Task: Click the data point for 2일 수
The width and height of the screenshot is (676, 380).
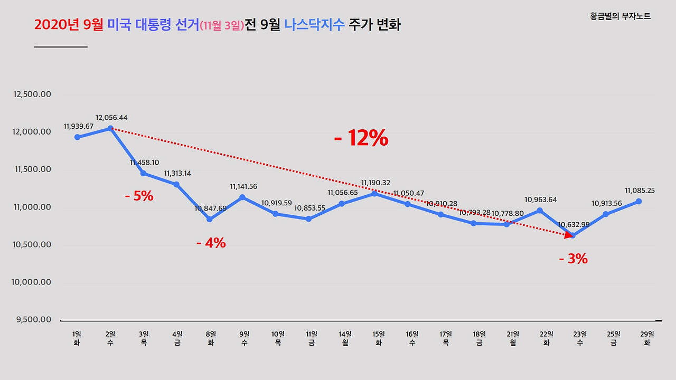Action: [110, 128]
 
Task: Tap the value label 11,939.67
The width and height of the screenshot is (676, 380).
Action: [78, 127]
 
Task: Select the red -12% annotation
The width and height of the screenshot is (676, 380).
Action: [361, 139]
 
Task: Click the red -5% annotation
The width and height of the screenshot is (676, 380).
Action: [139, 196]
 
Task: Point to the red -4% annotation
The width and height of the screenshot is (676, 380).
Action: [211, 243]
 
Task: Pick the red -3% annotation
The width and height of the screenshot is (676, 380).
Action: [573, 259]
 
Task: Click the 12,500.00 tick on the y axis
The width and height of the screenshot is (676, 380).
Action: [32, 94]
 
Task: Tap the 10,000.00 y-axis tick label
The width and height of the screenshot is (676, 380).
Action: [32, 282]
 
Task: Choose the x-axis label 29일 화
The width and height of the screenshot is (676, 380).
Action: [646, 338]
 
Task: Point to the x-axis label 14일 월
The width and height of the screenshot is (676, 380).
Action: [345, 338]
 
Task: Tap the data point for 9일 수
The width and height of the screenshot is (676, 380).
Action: [242, 197]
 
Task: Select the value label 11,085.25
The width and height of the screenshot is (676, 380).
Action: [640, 191]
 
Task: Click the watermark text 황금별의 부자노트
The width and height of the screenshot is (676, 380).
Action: [620, 16]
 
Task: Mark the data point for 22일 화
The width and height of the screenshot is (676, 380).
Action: [540, 211]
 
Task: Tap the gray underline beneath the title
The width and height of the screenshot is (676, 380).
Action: [61, 47]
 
